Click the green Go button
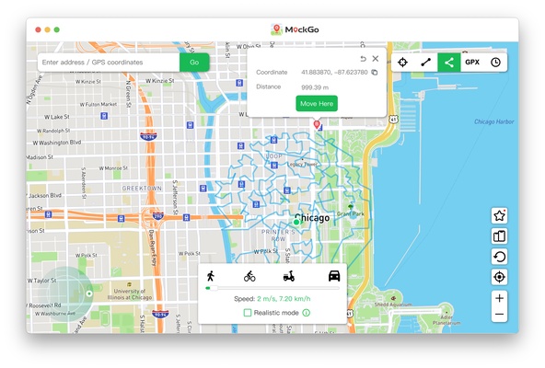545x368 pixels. click(193, 63)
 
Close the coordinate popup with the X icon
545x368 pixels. click(375, 59)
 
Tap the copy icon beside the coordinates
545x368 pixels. click(375, 72)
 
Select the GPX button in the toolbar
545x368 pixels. click(472, 63)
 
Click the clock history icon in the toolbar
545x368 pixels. click(495, 63)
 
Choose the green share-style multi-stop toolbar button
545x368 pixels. click(449, 63)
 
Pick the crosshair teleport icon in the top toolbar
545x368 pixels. click(403, 63)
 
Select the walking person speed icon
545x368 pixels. click(211, 275)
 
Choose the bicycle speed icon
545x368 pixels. click(249, 275)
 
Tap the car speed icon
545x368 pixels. click(332, 275)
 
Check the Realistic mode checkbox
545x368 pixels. click(248, 313)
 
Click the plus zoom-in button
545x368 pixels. click(499, 298)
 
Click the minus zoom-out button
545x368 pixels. click(499, 315)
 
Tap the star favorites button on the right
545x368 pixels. click(499, 215)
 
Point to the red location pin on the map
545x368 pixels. click(317, 123)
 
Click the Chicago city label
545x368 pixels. click(312, 218)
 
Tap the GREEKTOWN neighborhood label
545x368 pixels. click(142, 188)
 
